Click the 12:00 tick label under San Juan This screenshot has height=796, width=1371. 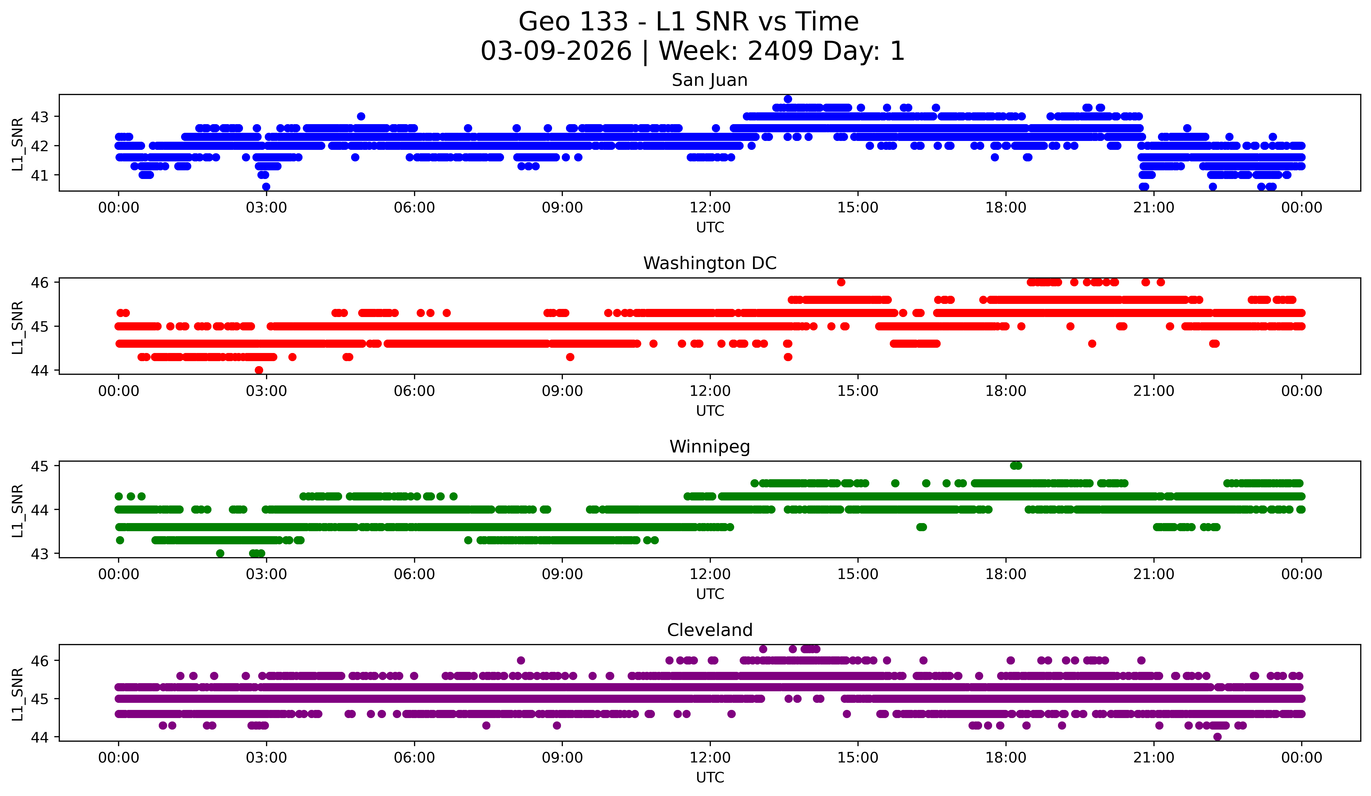pos(710,208)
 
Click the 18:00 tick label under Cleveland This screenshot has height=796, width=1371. pos(1005,758)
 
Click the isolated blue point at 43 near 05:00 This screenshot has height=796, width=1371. pos(361,117)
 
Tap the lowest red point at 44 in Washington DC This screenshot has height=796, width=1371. pos(259,370)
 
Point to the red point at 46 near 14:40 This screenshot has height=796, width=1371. pos(841,282)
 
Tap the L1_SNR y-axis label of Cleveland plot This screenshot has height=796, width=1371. pos(17,694)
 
